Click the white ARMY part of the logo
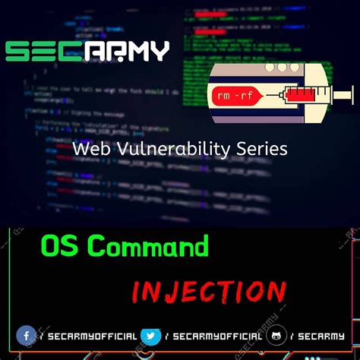[x=125, y=51]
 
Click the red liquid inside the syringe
[x=301, y=96]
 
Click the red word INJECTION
[x=209, y=291]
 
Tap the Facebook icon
[x=26, y=336]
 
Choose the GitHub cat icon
[x=276, y=336]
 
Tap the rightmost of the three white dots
[x=294, y=67]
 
